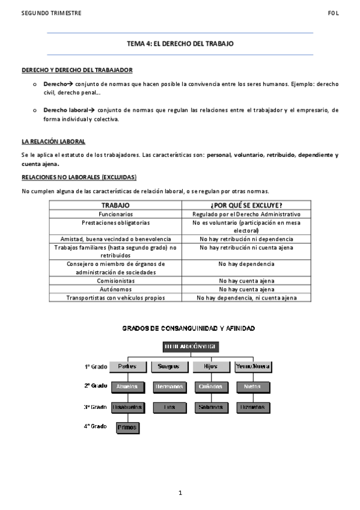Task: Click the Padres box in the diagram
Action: coord(127,366)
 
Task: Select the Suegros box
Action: coord(169,366)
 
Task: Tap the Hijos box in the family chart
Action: coord(210,366)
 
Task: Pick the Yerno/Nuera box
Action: coord(252,366)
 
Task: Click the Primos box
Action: coord(127,428)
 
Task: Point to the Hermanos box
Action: coord(169,387)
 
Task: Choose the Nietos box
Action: coord(252,387)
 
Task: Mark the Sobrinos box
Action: coord(210,407)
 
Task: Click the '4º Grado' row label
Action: coord(95,426)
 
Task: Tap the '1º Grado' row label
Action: coord(95,366)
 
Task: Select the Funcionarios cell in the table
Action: coord(116,214)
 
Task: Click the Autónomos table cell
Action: coord(116,289)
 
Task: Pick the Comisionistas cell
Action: coord(116,281)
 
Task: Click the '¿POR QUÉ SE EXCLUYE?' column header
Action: coord(246,205)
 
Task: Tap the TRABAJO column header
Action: coord(116,205)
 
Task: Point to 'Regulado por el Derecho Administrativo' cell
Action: coord(246,214)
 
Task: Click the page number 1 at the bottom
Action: coord(180,493)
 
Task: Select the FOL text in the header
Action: coord(334,13)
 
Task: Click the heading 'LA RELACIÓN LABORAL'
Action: coord(53,142)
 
